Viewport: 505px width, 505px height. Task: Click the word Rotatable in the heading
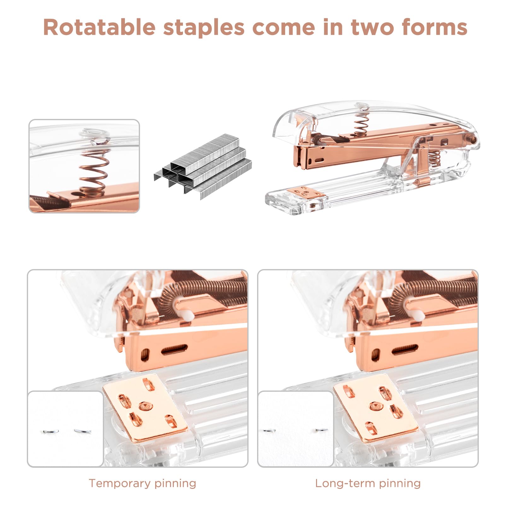pyautogui.click(x=99, y=27)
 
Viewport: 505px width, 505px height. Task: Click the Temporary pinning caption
pyautogui.click(x=142, y=483)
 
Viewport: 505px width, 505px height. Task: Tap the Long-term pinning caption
pyautogui.click(x=368, y=483)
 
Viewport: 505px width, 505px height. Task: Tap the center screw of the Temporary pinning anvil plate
pyautogui.click(x=145, y=406)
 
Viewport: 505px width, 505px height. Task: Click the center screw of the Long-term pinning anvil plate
pyautogui.click(x=376, y=406)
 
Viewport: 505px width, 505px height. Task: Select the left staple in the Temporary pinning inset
pyautogui.click(x=50, y=431)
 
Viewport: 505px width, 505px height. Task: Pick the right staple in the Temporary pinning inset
pyautogui.click(x=83, y=431)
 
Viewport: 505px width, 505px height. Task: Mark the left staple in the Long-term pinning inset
pyautogui.click(x=269, y=430)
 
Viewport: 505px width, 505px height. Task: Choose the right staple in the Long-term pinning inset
pyautogui.click(x=322, y=430)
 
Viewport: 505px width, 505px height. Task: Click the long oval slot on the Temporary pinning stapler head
pyautogui.click(x=174, y=349)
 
